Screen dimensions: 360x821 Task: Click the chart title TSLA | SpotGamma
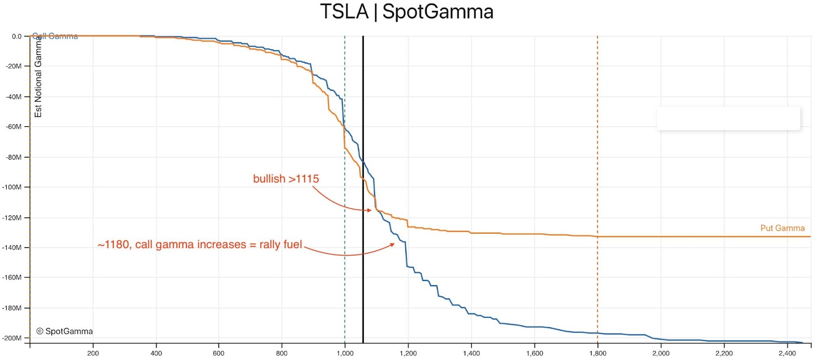(406, 12)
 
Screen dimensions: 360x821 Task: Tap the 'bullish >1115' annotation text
(286, 179)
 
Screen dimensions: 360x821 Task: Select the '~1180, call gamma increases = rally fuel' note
(200, 245)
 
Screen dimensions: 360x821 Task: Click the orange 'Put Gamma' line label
(782, 228)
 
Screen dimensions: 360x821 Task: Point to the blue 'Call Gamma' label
(55, 36)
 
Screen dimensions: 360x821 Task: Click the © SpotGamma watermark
(65, 331)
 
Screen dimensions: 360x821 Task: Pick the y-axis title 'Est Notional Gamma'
(38, 77)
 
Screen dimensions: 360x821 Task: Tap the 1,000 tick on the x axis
(345, 353)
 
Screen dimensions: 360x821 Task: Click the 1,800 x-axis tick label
(597, 353)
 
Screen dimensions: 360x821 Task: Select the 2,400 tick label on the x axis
(787, 353)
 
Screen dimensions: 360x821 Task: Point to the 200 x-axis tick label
(93, 353)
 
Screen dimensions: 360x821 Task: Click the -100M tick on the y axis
(12, 187)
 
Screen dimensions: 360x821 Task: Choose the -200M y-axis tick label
(12, 338)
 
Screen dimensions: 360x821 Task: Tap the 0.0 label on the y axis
(16, 36)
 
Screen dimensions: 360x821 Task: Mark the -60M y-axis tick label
(13, 127)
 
